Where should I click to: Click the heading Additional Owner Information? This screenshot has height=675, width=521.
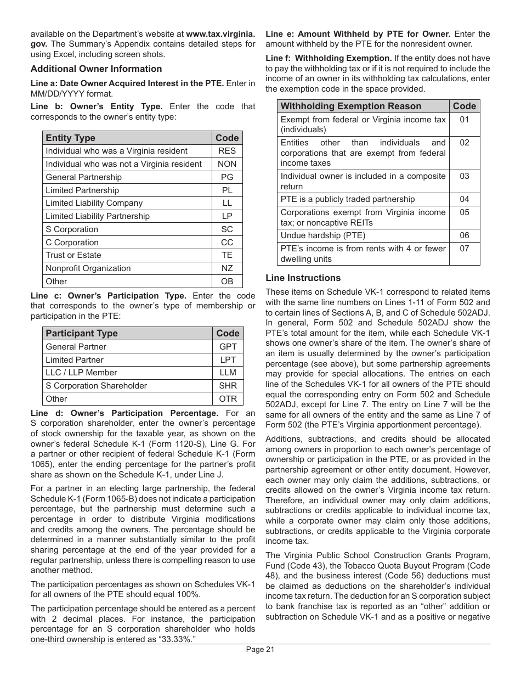[x=96, y=69]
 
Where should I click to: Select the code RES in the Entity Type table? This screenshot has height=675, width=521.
[x=227, y=151]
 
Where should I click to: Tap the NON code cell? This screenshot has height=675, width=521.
[x=227, y=164]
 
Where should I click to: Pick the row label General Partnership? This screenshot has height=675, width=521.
[x=83, y=177]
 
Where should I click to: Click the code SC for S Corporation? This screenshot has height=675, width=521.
[x=227, y=229]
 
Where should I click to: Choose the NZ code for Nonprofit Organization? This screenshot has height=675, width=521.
[x=227, y=268]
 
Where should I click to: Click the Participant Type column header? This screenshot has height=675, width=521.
[x=81, y=333]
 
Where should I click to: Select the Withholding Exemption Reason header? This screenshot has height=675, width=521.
[x=351, y=106]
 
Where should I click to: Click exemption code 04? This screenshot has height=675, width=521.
[x=465, y=199]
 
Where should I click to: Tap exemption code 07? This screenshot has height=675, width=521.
[x=465, y=249]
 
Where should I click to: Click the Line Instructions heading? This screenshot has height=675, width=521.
[x=303, y=278]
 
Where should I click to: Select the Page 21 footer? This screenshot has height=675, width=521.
[x=260, y=650]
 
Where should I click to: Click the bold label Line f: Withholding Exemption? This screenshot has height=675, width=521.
[x=329, y=58]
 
